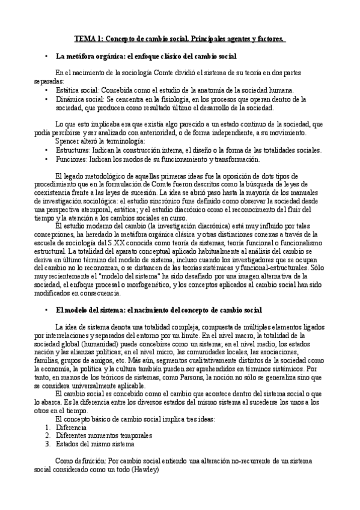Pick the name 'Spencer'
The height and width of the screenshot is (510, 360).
tap(67, 141)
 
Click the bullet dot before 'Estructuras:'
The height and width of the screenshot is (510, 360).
tap(46, 149)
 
